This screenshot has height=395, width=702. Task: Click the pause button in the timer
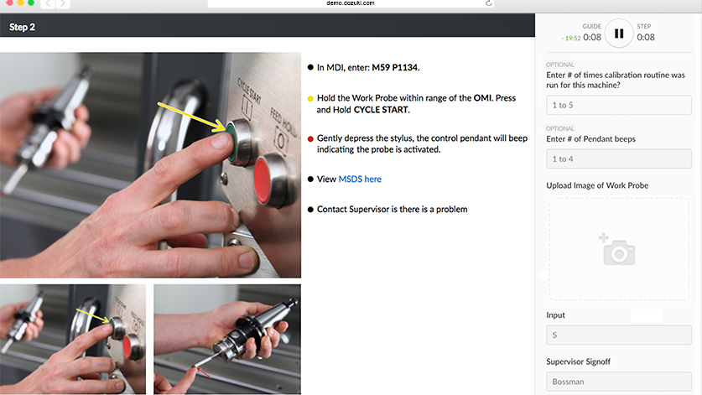coord(619,34)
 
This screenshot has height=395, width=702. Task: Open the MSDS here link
coord(360,179)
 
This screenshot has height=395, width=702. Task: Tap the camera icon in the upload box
coord(618,250)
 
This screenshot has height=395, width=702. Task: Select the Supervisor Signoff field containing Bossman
coord(620,382)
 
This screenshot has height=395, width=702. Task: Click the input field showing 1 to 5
coord(620,106)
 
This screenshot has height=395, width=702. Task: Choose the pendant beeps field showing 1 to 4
coord(620,159)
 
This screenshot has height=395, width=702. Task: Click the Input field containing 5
coord(620,335)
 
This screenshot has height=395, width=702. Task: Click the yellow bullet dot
coord(310,98)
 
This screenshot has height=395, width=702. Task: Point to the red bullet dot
coord(310,138)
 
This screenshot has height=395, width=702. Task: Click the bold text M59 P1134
coord(396,67)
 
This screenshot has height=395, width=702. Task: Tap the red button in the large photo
coord(272,174)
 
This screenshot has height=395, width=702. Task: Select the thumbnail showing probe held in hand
coord(226,338)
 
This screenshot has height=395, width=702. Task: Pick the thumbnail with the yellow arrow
coord(73,338)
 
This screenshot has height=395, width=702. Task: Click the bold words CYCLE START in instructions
coord(381,110)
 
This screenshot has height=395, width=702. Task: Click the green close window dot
coord(31,3)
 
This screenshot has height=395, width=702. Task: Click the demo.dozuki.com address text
coord(351,3)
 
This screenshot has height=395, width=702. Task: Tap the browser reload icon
coord(489,3)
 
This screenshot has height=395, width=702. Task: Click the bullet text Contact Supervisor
coord(392,210)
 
